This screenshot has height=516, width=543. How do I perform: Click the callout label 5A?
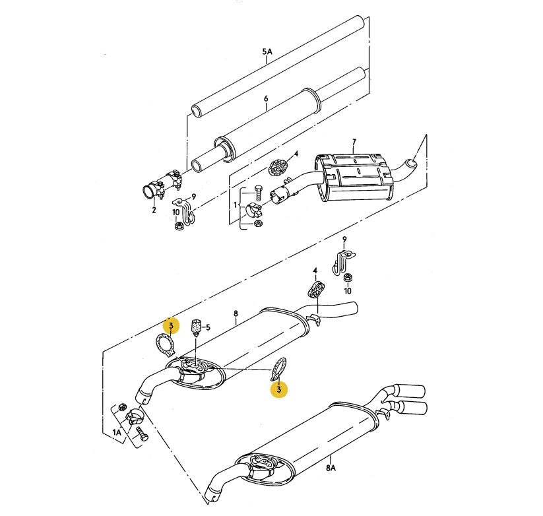click(x=267, y=52)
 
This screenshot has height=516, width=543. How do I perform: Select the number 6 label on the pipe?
click(x=266, y=99)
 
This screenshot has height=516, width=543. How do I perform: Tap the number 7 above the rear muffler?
click(x=354, y=142)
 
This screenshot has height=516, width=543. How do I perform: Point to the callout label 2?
click(x=154, y=210)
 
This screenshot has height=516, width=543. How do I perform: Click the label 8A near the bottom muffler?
click(x=331, y=468)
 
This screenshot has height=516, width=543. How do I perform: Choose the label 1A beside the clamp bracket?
click(x=117, y=432)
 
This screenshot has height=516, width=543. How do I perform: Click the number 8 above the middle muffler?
click(x=236, y=313)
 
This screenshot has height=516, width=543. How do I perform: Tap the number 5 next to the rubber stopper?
click(x=208, y=327)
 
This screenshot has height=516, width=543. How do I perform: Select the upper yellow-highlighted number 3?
click(x=171, y=326)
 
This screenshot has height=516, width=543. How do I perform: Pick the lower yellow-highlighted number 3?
click(x=279, y=389)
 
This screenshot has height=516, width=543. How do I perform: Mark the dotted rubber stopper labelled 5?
click(x=197, y=327)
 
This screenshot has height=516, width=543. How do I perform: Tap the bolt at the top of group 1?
click(x=258, y=192)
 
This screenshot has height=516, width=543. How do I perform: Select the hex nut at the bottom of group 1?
click(x=257, y=224)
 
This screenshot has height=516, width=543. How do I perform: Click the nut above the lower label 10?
click(x=347, y=277)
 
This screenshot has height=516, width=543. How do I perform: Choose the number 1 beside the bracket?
click(x=235, y=205)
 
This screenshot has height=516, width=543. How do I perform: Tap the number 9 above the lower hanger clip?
click(x=344, y=239)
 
